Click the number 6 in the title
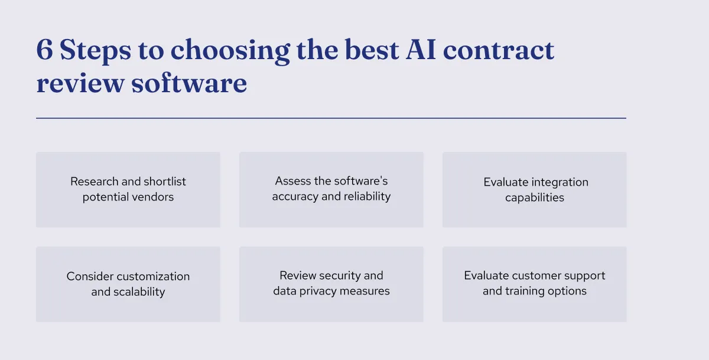tap(44, 51)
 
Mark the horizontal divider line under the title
tap(331, 118)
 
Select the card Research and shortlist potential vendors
tap(128, 190)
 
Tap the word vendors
tap(154, 197)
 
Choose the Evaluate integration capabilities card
tap(535, 190)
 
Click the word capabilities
tap(535, 198)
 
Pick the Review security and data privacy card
tap(331, 284)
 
